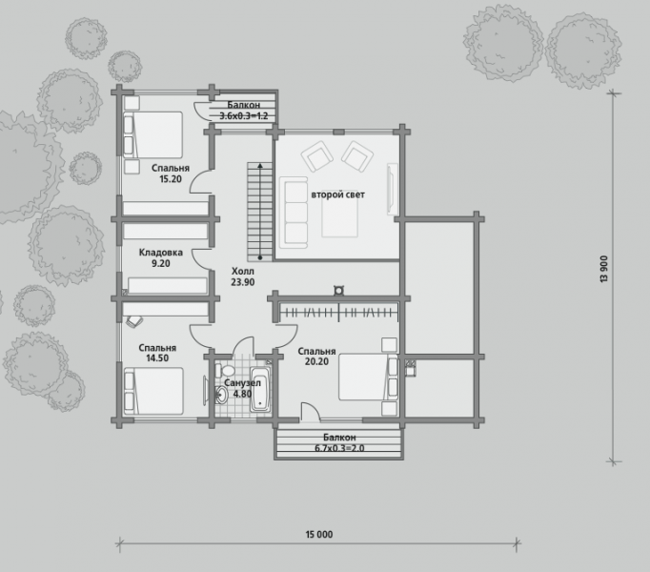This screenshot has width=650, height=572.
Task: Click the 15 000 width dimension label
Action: coord(319,534)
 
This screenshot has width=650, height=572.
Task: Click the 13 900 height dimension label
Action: coord(603,269)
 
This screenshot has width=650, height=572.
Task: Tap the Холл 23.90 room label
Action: coord(243,276)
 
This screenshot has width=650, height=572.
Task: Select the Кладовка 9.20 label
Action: coord(161,257)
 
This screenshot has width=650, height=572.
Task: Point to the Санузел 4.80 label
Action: coord(242,388)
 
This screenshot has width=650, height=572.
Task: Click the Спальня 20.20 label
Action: coord(316,357)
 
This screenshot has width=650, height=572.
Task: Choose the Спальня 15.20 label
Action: coord(171,174)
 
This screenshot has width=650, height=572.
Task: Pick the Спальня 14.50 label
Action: coord(157,353)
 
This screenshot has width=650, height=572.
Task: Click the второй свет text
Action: coord(337,194)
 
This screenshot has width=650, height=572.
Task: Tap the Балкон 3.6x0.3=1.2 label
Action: coord(244,111)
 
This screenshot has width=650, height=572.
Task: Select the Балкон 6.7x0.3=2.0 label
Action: coord(339,442)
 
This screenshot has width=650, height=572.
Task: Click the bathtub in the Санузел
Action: coord(260,389)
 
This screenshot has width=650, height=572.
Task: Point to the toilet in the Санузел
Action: coord(225,370)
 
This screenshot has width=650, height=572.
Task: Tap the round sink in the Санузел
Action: coord(221,395)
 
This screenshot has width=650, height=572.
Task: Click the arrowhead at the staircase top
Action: coord(260,166)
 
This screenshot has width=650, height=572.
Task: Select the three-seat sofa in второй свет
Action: coord(294,213)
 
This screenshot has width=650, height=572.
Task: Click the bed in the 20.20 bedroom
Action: coord(368,377)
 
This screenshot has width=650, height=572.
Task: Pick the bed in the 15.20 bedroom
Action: coord(152,134)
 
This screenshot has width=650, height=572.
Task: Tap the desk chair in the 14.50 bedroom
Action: coord(134,320)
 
